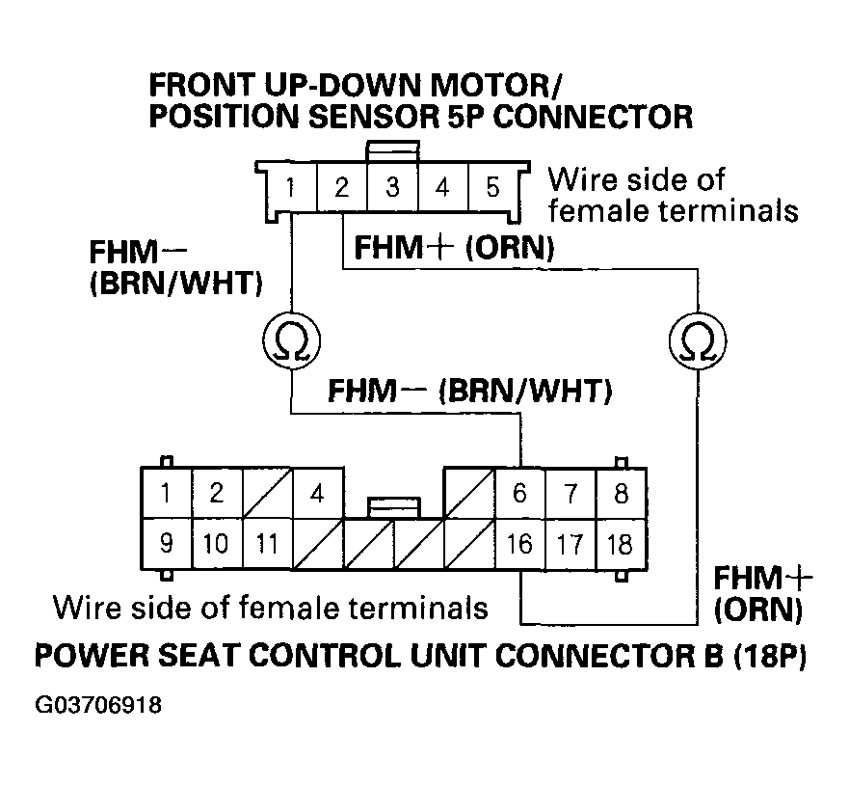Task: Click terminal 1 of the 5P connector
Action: (x=291, y=186)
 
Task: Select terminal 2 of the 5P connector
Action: (x=341, y=186)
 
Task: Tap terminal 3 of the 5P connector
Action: (x=392, y=186)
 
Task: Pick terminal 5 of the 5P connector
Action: (x=492, y=186)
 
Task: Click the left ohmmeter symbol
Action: (x=291, y=341)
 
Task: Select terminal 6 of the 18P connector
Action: (x=519, y=494)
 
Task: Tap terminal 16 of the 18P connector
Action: (x=519, y=544)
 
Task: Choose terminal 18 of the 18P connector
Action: (x=621, y=544)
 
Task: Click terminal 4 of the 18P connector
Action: (x=317, y=494)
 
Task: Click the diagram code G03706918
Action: (x=97, y=705)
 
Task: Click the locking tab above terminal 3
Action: (x=393, y=151)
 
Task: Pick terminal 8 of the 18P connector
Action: (x=621, y=494)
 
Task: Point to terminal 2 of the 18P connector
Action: (x=216, y=494)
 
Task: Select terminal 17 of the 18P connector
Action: (x=570, y=544)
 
